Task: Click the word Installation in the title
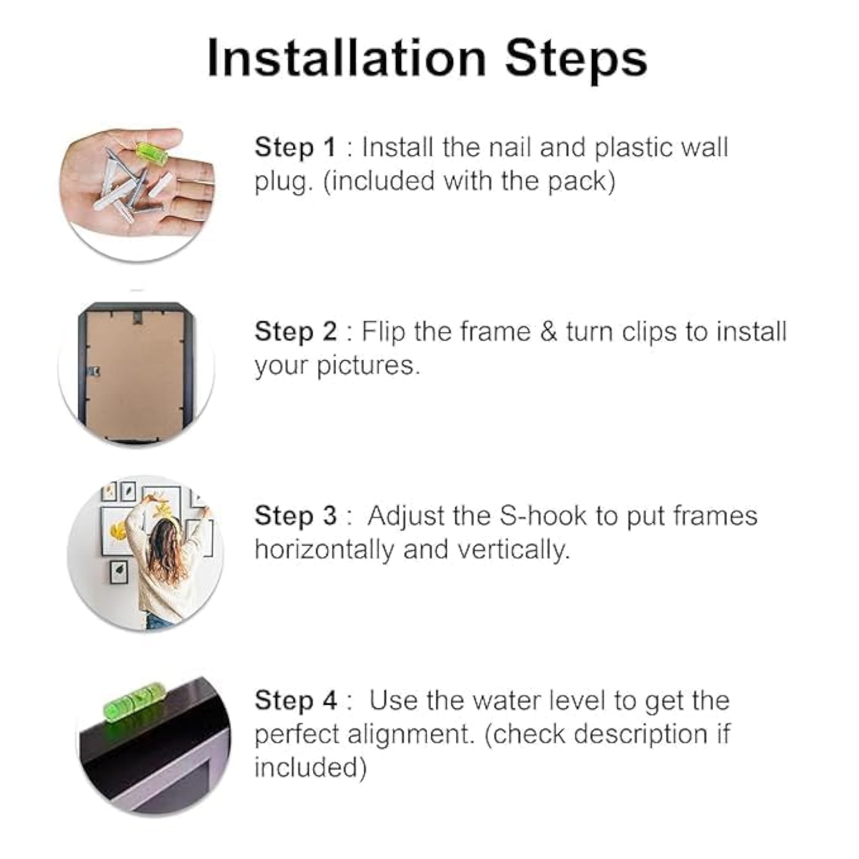347,58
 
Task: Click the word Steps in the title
576,61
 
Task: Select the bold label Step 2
295,332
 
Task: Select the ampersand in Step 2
550,332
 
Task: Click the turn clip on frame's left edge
94,370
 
